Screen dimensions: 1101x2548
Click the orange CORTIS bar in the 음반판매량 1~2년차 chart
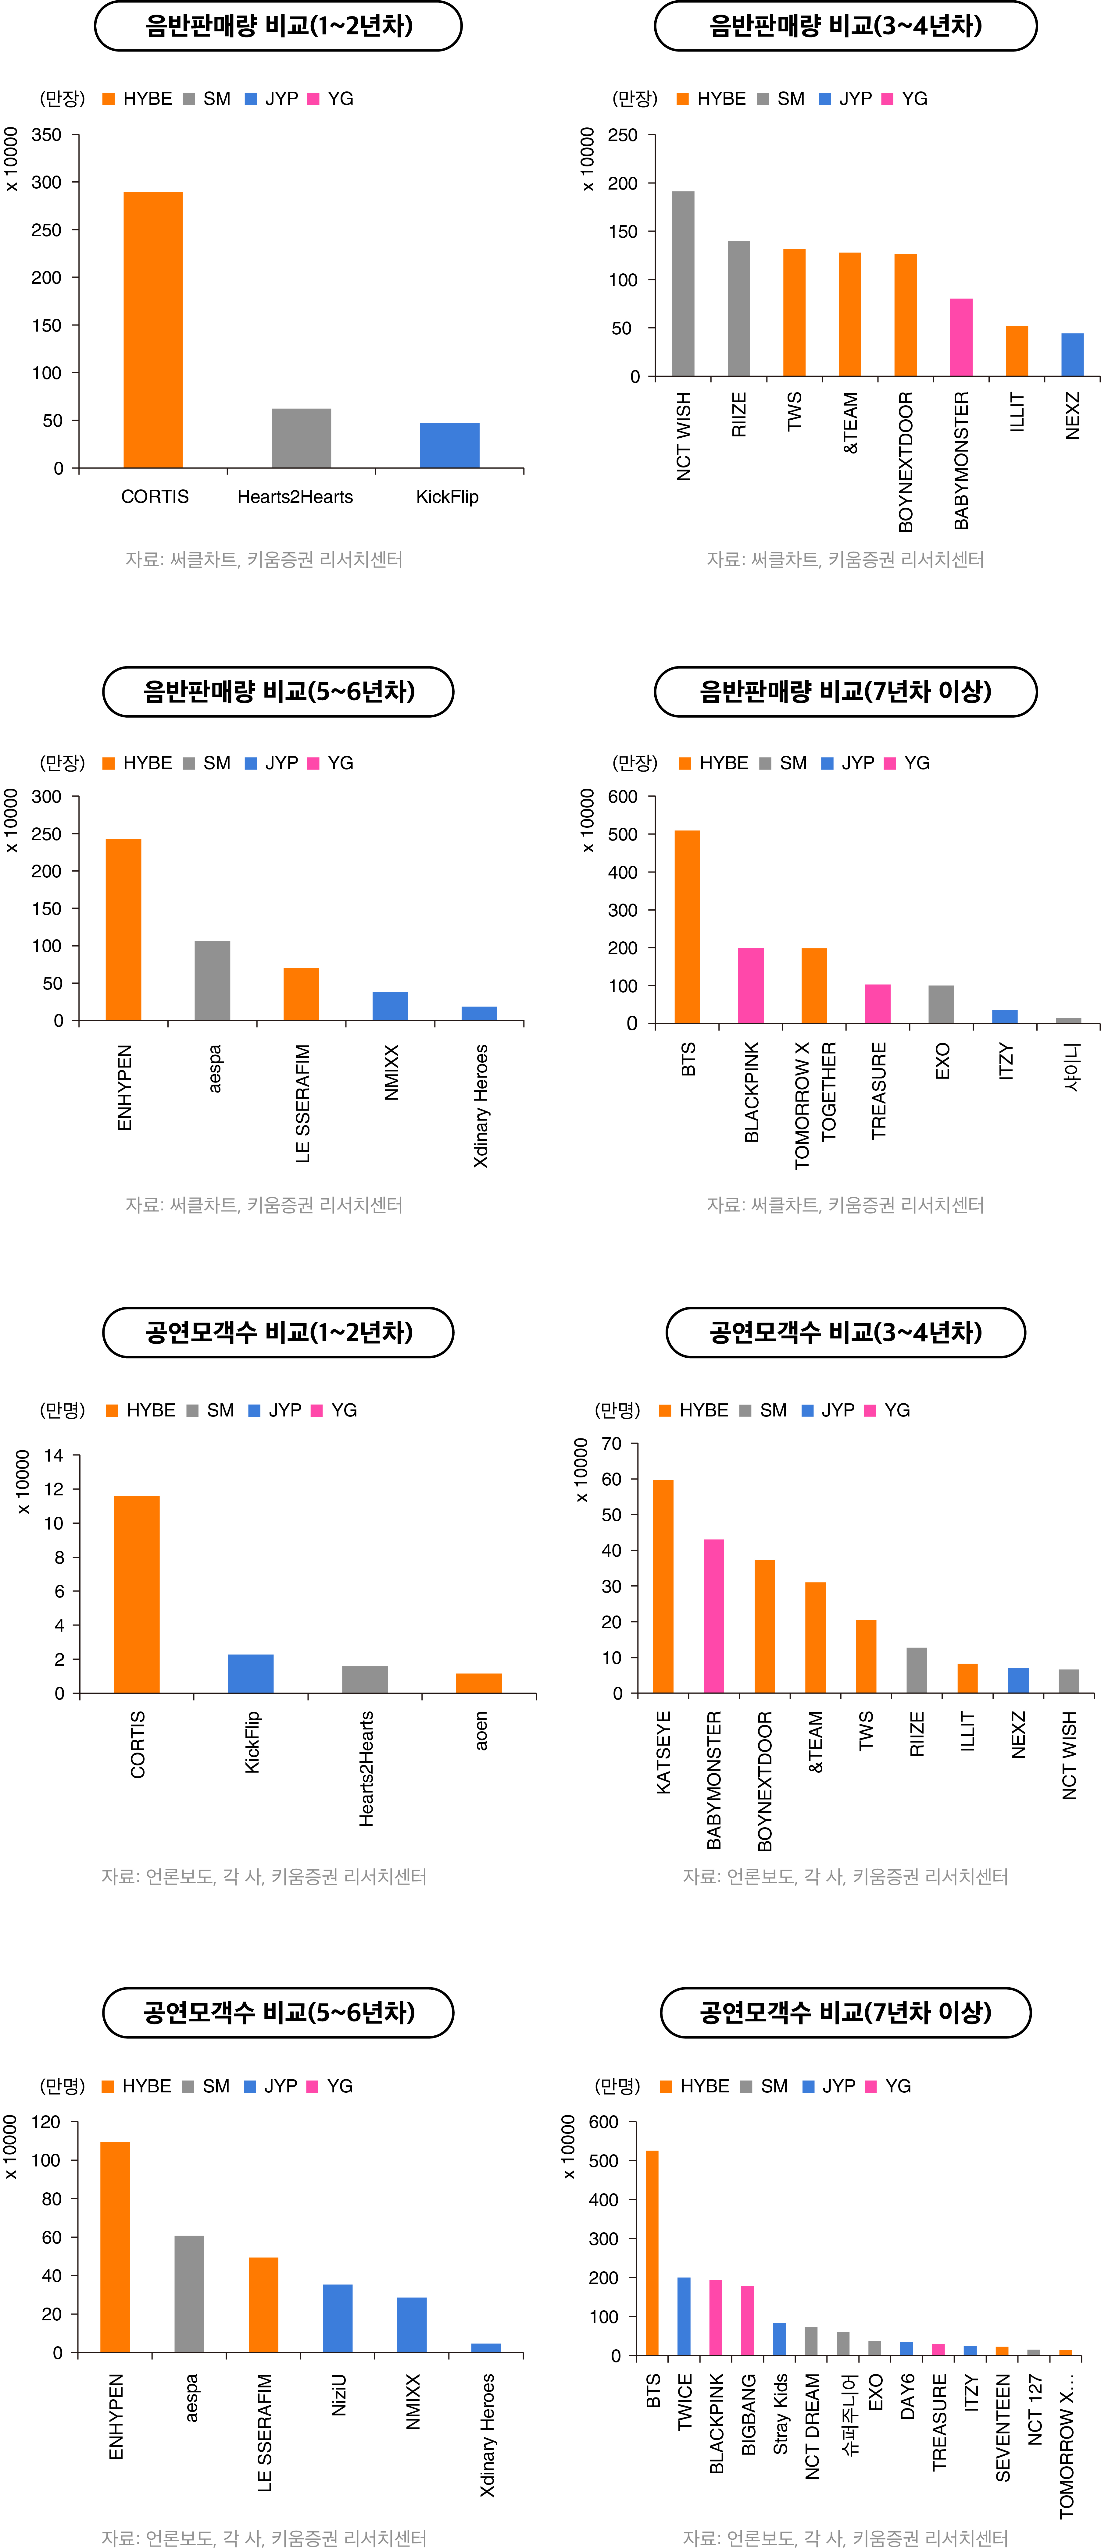pyautogui.click(x=153, y=329)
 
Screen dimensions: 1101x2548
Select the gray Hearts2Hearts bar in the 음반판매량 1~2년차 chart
pyautogui.click(x=302, y=438)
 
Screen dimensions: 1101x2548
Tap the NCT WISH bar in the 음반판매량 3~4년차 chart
pyautogui.click(x=684, y=284)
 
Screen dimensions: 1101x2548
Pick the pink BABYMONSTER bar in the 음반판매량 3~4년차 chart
pyautogui.click(x=962, y=337)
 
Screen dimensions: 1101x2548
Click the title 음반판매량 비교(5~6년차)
pyautogui.click(x=278, y=691)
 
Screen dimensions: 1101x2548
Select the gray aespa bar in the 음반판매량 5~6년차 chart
pyautogui.click(x=213, y=980)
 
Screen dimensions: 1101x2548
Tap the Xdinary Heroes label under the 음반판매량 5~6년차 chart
pyautogui.click(x=481, y=1106)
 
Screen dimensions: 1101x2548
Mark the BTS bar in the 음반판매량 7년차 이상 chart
pyautogui.click(x=688, y=927)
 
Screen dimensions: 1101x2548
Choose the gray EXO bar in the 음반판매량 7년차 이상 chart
pyautogui.click(x=942, y=1004)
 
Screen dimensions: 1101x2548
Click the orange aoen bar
pyautogui.click(x=479, y=1683)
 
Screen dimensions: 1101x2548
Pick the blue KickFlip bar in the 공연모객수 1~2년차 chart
pyautogui.click(x=250, y=1674)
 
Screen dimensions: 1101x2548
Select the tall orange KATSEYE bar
pyautogui.click(x=663, y=1587)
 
